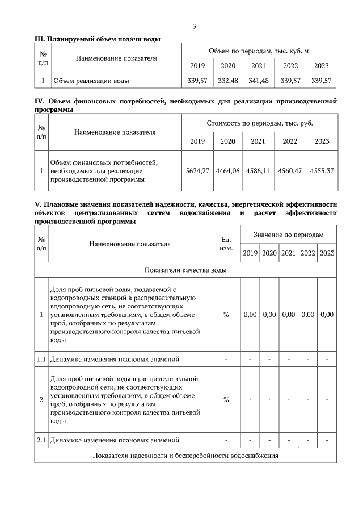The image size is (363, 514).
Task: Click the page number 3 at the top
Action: click(x=195, y=27)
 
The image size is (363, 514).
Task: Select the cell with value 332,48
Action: click(x=227, y=81)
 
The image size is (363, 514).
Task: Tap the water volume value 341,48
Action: click(x=258, y=81)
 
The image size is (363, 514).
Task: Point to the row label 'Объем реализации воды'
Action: click(x=91, y=81)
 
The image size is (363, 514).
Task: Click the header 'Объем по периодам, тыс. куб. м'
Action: click(x=259, y=51)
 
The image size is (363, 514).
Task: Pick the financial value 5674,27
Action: click(x=197, y=170)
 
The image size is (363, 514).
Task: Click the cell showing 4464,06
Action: click(x=227, y=170)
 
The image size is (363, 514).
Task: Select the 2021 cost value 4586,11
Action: click(x=258, y=170)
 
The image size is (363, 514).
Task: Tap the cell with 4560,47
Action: click(x=290, y=170)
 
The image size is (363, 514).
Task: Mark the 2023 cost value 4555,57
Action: click(x=322, y=170)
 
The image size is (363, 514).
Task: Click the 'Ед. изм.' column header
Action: click(x=226, y=244)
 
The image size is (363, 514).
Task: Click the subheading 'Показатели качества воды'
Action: click(x=185, y=270)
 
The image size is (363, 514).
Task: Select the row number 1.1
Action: click(x=41, y=359)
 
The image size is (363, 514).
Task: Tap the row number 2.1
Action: click(x=41, y=440)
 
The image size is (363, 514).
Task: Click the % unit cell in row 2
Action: click(x=226, y=400)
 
